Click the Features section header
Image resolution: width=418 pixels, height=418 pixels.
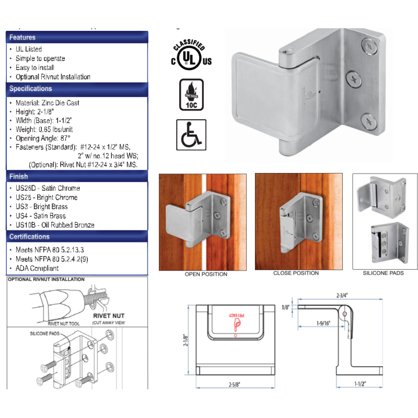coord(22,38)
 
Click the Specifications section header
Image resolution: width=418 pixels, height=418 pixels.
coord(30,89)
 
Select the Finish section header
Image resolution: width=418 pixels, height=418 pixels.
coord(19,177)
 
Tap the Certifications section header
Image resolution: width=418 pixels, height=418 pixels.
coord(29,237)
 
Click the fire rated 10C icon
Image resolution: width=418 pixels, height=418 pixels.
coord(192,95)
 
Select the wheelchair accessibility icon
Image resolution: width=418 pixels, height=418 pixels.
coord(191,134)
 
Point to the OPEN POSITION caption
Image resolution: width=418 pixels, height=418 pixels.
coord(206,274)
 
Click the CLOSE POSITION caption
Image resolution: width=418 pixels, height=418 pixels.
coord(296,273)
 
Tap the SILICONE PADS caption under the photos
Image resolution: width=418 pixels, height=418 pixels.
coord(383,273)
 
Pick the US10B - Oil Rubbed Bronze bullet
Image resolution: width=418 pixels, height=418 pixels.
coord(54,225)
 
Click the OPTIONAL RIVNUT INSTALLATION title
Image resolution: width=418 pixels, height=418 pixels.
coord(46,280)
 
